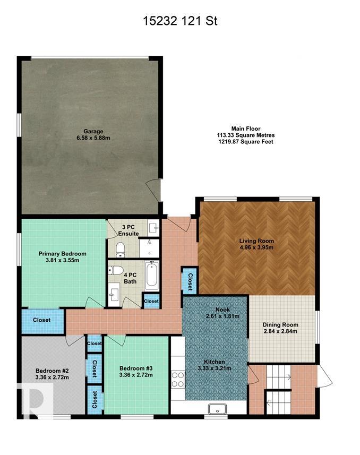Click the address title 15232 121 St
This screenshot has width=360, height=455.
point(179,21)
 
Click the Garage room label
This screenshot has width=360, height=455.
point(92,131)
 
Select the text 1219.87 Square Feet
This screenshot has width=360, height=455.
point(245,142)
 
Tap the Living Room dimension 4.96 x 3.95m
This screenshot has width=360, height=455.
point(256,247)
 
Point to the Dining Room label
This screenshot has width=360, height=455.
point(280,324)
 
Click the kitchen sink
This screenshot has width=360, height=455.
point(217,408)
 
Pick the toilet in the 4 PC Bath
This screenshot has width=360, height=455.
point(114,270)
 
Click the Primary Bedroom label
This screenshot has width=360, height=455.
point(62,254)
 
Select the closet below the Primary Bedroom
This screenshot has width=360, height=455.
point(42,320)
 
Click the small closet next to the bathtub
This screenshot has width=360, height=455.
point(151,301)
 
